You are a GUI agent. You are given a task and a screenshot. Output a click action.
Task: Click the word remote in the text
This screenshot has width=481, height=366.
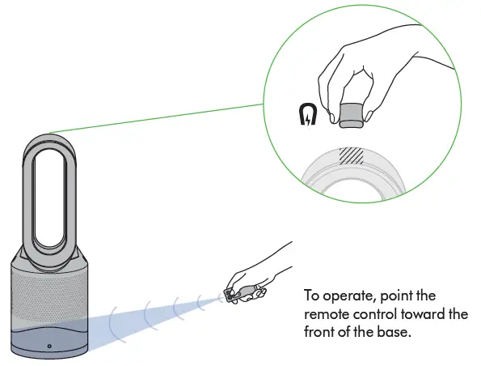click(x=326, y=313)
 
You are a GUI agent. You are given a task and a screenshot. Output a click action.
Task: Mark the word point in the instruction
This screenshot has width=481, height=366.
click(x=393, y=296)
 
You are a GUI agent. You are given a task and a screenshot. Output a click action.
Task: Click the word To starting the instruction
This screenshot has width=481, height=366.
click(x=311, y=296)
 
